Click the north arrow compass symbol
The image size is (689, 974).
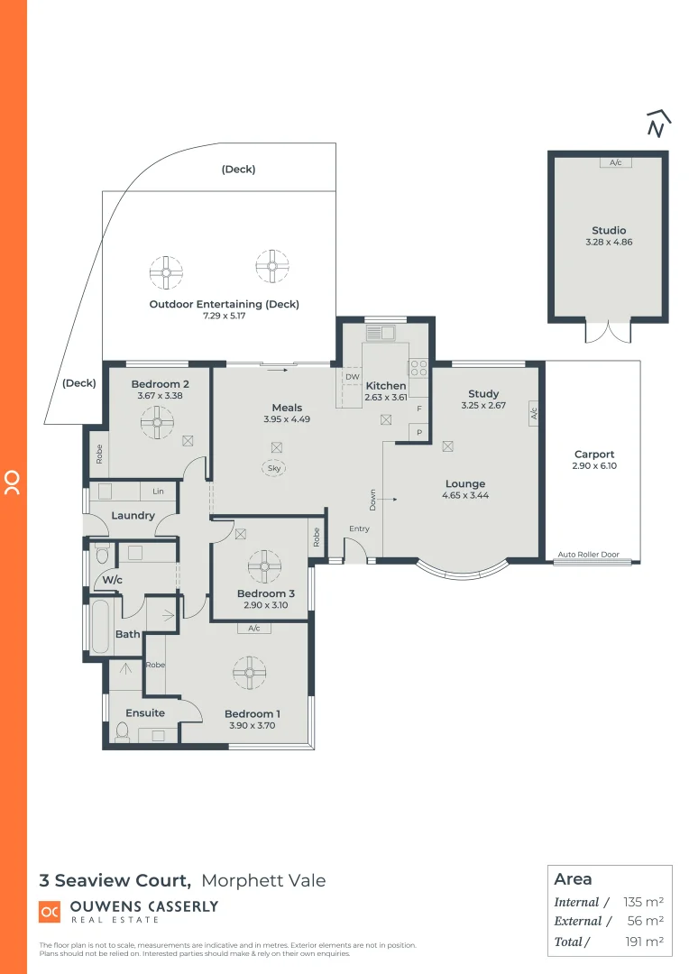658,124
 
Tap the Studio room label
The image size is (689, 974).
609,231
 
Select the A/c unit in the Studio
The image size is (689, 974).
616,163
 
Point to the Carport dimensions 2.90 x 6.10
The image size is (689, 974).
593,466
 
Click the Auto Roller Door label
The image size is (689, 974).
593,555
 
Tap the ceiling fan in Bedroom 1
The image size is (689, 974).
249,672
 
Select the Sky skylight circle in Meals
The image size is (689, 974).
275,468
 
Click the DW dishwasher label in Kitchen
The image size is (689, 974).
353,377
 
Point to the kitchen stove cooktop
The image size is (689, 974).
418,368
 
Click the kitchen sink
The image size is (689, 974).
380,333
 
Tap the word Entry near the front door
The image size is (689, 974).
360,529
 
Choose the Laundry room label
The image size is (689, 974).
133,516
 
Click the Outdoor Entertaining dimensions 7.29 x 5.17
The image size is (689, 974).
224,317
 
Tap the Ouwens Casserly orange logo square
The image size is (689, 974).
50,912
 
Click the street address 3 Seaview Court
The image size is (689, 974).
115,880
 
